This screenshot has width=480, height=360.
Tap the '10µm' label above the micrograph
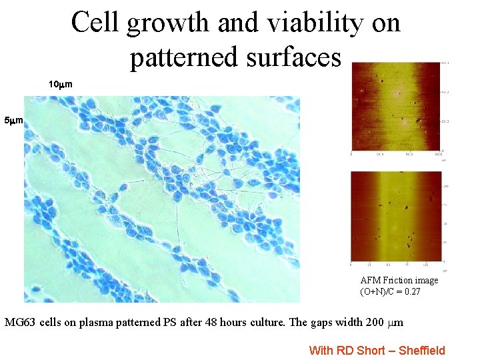click(61, 85)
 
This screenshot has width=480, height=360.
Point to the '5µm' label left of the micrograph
click(14, 121)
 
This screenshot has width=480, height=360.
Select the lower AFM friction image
click(395, 217)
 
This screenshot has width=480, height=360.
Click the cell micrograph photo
click(162, 200)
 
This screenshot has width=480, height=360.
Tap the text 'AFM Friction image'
click(399, 280)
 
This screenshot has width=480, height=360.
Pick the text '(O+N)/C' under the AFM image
click(377, 291)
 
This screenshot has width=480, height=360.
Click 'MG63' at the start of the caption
click(20, 323)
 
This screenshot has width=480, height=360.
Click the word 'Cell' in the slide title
click(95, 23)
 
